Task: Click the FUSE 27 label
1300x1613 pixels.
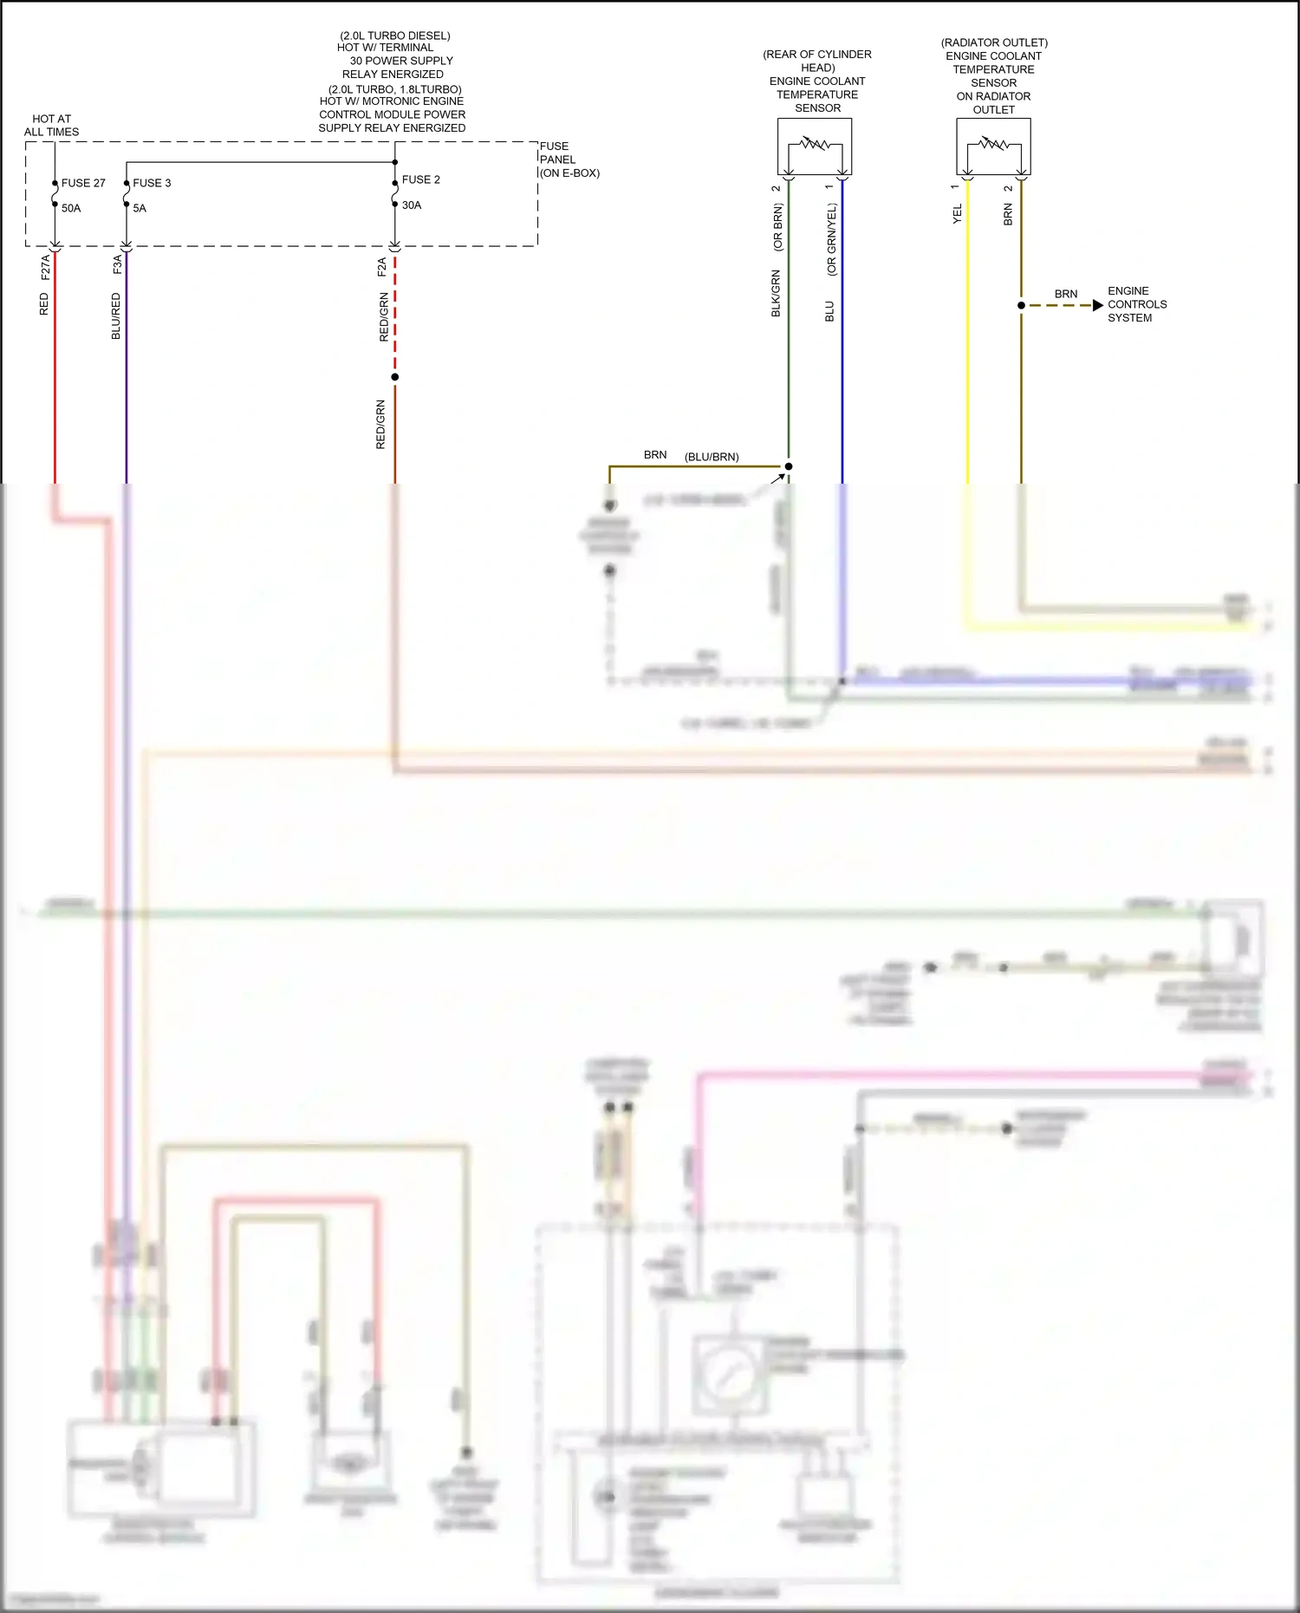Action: pos(83,183)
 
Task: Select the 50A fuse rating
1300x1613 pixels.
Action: pos(71,208)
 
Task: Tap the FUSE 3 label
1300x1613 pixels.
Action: pos(152,183)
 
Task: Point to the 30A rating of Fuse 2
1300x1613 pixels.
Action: pos(412,205)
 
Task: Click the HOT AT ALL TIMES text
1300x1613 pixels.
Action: pos(52,126)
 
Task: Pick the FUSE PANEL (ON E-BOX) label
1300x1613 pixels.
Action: pos(569,159)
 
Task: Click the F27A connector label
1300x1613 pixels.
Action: pos(46,267)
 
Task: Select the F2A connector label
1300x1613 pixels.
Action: pos(382,267)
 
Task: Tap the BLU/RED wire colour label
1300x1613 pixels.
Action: pos(116,315)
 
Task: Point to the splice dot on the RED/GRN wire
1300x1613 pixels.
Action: pos(395,377)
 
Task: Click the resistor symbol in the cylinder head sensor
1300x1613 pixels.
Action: pos(815,143)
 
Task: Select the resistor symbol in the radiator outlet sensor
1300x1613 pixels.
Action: pos(993,143)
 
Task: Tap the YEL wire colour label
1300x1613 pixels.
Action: pos(958,214)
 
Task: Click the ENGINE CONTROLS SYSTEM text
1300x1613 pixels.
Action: pos(1136,304)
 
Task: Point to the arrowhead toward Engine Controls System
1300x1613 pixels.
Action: pos(1098,305)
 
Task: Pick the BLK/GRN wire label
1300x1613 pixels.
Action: pos(777,293)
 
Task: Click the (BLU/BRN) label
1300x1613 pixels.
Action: pos(712,457)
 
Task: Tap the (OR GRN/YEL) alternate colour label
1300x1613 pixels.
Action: pos(832,240)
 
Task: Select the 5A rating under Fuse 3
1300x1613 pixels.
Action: pos(140,208)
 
